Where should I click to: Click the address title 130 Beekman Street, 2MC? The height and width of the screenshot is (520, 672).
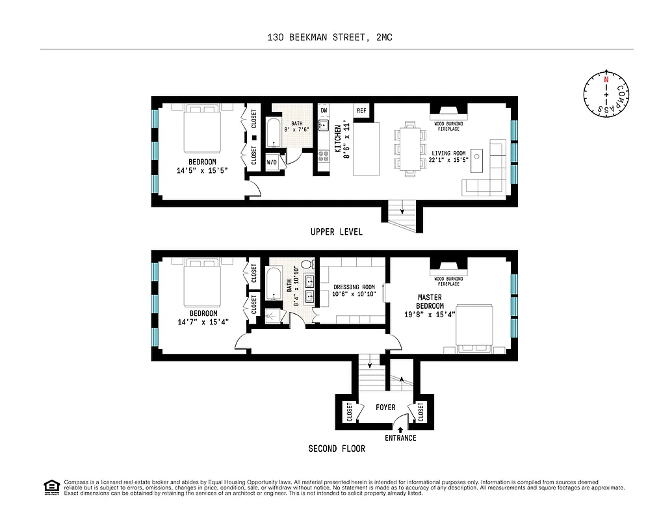(x=330, y=38)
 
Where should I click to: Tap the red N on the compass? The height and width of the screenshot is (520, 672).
(x=606, y=79)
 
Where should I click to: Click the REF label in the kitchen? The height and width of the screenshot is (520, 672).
(x=361, y=110)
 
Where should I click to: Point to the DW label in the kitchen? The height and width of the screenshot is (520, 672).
(x=324, y=110)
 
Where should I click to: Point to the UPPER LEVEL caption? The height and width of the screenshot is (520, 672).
(x=336, y=232)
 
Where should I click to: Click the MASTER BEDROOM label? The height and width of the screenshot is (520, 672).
(x=430, y=302)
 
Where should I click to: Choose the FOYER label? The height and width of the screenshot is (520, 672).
(x=385, y=408)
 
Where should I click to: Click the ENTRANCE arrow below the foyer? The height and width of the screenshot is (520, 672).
(x=400, y=429)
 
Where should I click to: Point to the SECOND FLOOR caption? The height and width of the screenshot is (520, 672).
(x=336, y=448)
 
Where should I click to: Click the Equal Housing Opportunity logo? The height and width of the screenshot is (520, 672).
(x=51, y=487)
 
